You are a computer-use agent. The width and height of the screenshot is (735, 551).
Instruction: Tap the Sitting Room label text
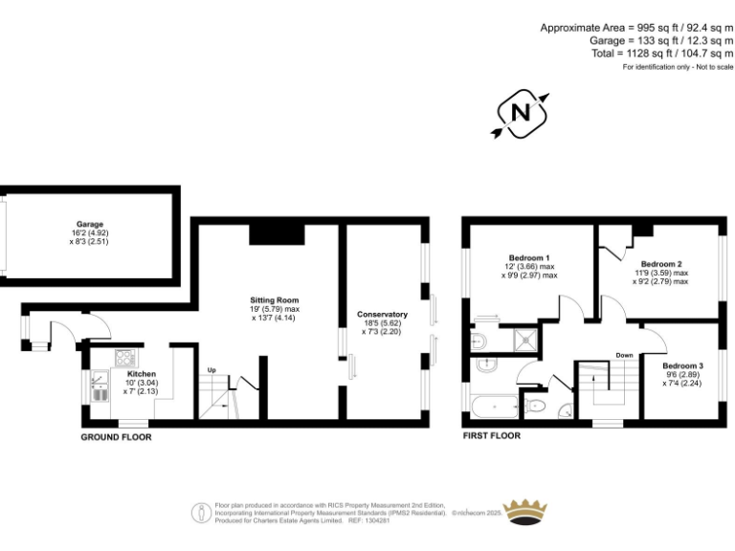268,300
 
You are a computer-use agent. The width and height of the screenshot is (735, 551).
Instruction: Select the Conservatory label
383,315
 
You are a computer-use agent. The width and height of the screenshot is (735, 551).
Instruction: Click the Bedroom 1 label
528,258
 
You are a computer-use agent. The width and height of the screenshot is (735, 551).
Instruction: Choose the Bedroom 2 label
660,264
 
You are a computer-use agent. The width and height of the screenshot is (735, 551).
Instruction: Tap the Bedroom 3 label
682,366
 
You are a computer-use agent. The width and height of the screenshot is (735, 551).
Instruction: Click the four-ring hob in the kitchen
125,358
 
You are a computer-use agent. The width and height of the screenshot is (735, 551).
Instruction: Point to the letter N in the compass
522,113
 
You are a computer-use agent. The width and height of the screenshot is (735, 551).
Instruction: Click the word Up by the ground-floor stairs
212,370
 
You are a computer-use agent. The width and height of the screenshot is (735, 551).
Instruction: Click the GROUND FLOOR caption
116,436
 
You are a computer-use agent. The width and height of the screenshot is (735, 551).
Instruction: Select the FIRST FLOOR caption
492,436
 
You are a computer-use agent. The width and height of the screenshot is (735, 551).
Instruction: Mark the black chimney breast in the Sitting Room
277,233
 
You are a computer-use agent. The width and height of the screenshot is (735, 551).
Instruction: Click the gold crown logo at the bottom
523,511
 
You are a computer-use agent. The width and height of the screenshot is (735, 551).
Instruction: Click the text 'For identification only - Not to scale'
678,67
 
